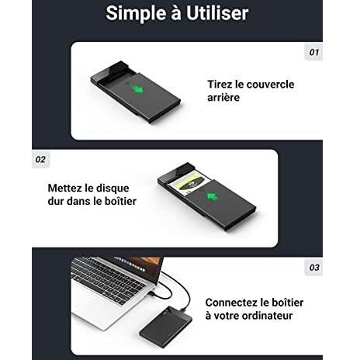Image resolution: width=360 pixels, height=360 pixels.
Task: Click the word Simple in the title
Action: [x=136, y=13]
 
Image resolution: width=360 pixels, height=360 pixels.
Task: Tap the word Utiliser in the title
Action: [x=217, y=13]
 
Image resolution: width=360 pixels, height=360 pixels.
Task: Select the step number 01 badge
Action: [x=313, y=52]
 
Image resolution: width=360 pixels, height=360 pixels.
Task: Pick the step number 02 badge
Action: [x=40, y=159]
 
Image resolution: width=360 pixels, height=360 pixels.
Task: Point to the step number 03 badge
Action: [x=314, y=268]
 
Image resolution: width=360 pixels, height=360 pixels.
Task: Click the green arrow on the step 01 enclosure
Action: [x=138, y=89]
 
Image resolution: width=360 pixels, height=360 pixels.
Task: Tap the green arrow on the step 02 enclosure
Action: [x=212, y=196]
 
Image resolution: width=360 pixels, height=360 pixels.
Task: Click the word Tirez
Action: [x=220, y=85]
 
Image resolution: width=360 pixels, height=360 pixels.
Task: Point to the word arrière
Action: [x=223, y=98]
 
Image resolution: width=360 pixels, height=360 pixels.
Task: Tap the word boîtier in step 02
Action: [x=120, y=201]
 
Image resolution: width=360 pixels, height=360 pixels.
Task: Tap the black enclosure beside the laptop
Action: [x=165, y=325]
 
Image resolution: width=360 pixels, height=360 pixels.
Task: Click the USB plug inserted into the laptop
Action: [x=152, y=293]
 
